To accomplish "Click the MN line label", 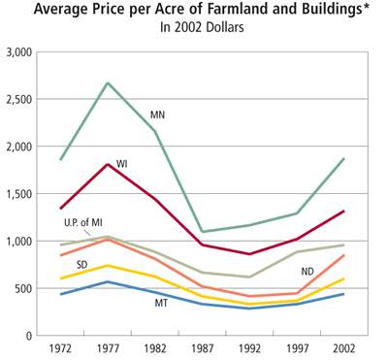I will pyautogui.click(x=157, y=115).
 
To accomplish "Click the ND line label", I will pyautogui.click(x=308, y=272).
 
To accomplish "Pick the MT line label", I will pyautogui.click(x=161, y=304).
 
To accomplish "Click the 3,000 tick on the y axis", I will pyautogui.click(x=18, y=51).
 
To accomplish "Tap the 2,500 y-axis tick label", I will pyautogui.click(x=18, y=99).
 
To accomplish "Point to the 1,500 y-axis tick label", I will pyautogui.click(x=18, y=193).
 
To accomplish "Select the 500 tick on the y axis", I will pyautogui.click(x=23, y=288).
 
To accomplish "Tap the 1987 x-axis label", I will pyautogui.click(x=203, y=347).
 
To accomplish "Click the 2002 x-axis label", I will pyautogui.click(x=344, y=347).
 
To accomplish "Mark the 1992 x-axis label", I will pyautogui.click(x=250, y=347).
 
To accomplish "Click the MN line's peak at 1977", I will pyautogui.click(x=108, y=82).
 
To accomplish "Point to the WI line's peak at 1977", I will pyautogui.click(x=108, y=164).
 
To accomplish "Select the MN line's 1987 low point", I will pyautogui.click(x=203, y=232).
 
